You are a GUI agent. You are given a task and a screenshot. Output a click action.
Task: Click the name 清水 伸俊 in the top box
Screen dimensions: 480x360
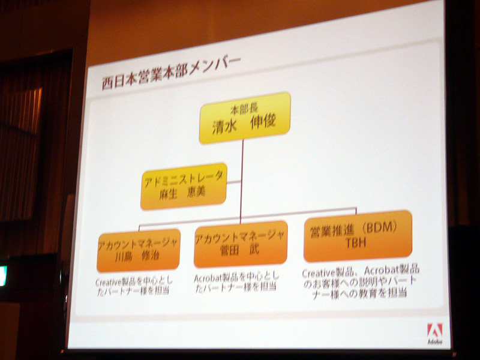(x=244, y=124)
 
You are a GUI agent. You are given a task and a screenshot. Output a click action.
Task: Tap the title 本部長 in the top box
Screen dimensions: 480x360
(x=244, y=109)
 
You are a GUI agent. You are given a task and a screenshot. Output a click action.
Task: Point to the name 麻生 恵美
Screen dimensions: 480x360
(x=182, y=193)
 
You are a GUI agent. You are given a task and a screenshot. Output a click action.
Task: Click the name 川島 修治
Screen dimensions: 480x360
(x=137, y=256)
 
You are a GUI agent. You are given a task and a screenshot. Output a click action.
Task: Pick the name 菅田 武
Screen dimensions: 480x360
(x=239, y=250)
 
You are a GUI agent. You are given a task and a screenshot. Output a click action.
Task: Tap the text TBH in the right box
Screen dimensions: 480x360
(x=356, y=243)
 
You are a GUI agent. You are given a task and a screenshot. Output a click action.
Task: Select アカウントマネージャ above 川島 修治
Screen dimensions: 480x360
(x=138, y=244)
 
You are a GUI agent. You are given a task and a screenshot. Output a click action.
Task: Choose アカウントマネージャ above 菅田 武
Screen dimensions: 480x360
(x=239, y=236)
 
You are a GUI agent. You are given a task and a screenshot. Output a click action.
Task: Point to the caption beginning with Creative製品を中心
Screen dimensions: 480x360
(x=134, y=286)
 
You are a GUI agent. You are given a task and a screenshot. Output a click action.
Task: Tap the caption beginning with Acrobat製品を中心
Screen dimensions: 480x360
(x=236, y=282)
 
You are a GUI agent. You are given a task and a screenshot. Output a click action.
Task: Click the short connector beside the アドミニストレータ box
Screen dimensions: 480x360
(x=233, y=182)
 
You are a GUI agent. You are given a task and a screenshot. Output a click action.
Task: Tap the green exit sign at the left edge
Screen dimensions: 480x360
(x=3, y=276)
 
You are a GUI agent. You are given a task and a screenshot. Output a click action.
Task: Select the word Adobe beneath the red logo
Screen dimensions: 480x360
(x=434, y=341)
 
